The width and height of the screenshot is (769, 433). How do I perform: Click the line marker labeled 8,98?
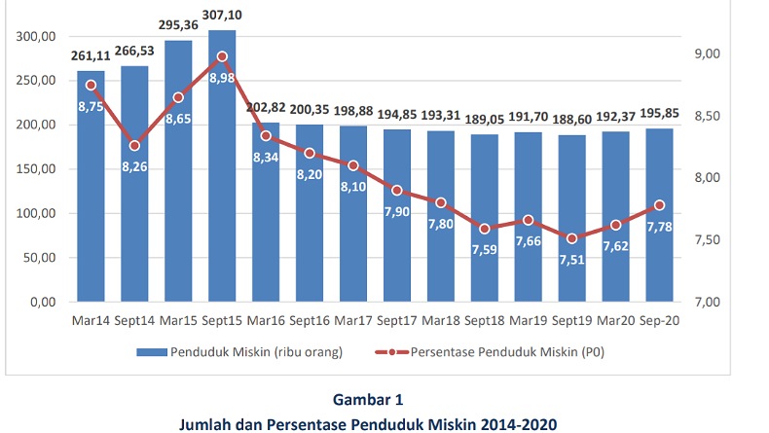point(222,56)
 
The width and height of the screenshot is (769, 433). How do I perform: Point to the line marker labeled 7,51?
point(572,238)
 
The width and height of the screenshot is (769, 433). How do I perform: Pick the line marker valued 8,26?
point(134,146)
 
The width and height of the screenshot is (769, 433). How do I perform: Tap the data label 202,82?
point(266,108)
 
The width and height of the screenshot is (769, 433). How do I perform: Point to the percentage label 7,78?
point(660,227)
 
